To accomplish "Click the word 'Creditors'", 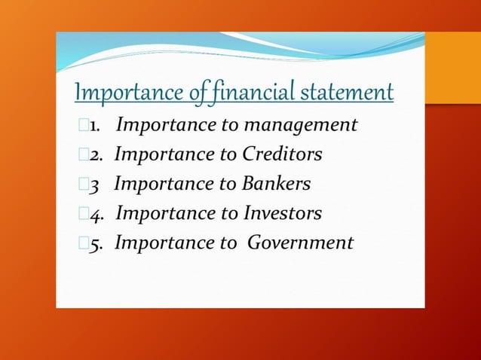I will pyautogui.click(x=282, y=154).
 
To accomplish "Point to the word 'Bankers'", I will pyautogui.click(x=277, y=184).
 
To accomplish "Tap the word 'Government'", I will pyautogui.click(x=300, y=243).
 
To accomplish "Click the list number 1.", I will pyautogui.click(x=95, y=126).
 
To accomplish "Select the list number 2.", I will pyautogui.click(x=96, y=155).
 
